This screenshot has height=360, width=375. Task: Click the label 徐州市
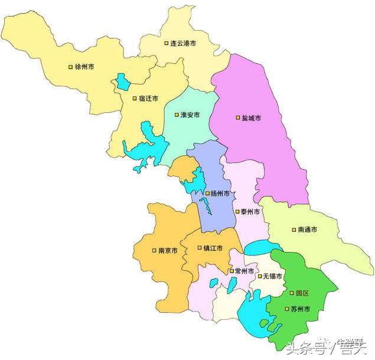click(x=84, y=67)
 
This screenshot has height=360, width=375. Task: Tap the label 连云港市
click(x=183, y=44)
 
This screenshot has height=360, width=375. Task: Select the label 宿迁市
click(x=148, y=99)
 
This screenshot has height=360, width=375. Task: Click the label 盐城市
click(x=252, y=118)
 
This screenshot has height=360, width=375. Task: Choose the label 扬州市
click(x=220, y=193)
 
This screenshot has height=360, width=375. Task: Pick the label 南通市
click(x=308, y=229)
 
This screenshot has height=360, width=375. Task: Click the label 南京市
click(x=168, y=251)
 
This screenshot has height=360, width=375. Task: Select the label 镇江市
click(x=213, y=248)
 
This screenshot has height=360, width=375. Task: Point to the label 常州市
click(x=244, y=271)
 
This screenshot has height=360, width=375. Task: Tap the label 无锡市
click(x=272, y=277)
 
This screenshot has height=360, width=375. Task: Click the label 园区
click(x=302, y=293)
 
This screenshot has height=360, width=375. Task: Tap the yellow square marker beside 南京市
click(x=154, y=251)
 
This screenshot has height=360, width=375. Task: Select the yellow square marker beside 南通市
click(x=294, y=229)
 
